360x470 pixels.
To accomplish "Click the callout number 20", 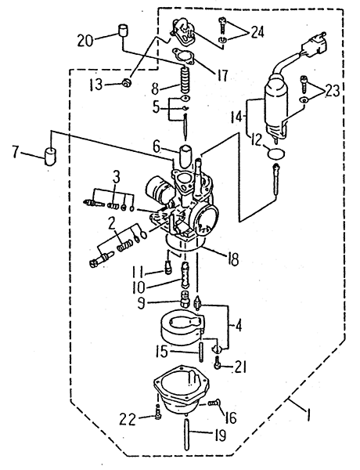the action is pos(85,40).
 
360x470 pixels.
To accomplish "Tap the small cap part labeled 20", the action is pos(123,30).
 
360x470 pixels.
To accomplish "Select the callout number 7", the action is pos(16,153).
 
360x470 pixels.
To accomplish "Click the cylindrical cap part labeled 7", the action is pos(50,156).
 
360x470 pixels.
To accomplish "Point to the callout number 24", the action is pos(257,32).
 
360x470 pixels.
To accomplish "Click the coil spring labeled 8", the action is pos(185,80).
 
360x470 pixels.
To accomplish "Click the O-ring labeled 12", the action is pos(276,154).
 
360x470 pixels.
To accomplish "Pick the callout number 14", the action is pos(236,116).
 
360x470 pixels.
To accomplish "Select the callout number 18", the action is pos(233,259).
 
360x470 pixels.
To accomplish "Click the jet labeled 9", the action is pos(185,298).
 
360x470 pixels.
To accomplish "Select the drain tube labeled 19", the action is pos(187,433).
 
